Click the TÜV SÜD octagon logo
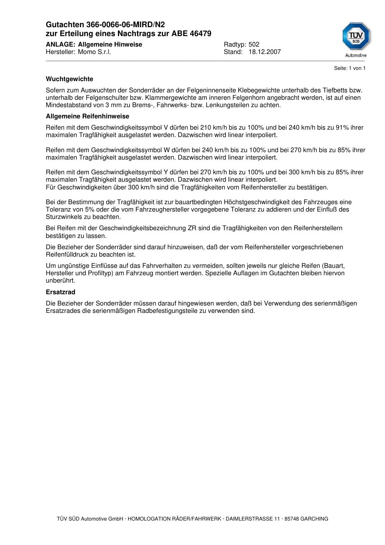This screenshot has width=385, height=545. tap(356, 36)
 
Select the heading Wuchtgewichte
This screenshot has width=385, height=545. tap(69, 79)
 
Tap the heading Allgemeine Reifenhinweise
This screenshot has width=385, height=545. tap(87, 116)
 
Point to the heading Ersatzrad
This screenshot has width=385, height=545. tap(61, 292)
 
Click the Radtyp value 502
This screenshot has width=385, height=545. tap(254, 45)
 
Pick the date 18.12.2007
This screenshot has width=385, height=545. tap(265, 52)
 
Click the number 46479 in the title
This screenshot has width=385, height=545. tap(201, 34)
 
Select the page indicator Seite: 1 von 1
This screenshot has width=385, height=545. tap(350, 68)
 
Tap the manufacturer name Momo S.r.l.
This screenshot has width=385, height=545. tap(94, 52)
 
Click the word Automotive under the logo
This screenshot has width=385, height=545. tap(356, 56)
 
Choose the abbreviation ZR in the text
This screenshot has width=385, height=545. tap(192, 228)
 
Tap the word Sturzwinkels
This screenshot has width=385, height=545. tap(65, 217)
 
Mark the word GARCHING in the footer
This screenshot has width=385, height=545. tap(314, 519)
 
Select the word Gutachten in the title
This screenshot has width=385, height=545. tap(62, 25)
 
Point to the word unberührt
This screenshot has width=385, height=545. tap(61, 281)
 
